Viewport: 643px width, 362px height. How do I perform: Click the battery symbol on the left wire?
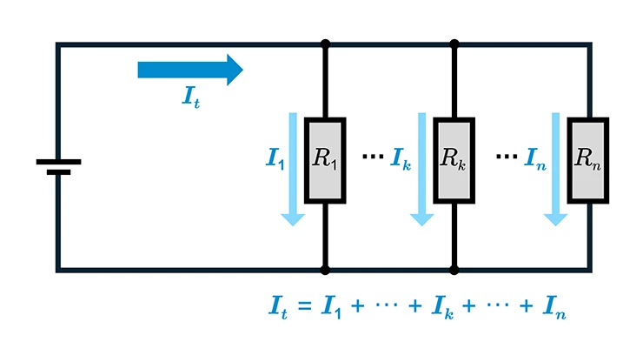58,166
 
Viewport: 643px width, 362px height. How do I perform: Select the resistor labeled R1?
325,160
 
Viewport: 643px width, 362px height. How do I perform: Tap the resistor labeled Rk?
454,160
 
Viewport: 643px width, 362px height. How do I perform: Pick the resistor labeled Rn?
588,160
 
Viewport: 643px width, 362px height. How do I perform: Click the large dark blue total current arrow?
190,70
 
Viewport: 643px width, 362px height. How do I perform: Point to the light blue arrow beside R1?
293,169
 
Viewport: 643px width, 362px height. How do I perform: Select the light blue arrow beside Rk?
422,169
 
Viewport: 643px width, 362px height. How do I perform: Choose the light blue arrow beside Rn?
555,169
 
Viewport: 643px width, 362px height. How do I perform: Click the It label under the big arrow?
191,97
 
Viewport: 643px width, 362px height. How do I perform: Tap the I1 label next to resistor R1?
275,158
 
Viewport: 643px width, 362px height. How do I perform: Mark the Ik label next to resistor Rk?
401,158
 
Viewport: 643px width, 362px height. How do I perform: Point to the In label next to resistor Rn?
535,158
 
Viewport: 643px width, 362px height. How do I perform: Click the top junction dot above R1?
325,44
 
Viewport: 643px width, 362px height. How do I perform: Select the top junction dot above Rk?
454,44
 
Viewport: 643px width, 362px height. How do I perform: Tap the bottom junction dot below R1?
325,270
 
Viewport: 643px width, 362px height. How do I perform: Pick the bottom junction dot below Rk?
454,270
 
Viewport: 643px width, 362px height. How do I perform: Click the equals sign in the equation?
305,306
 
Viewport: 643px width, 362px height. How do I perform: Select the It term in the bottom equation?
278,307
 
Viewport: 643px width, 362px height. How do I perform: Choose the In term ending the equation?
554,307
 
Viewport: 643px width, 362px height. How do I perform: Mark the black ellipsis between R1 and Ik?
373,156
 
